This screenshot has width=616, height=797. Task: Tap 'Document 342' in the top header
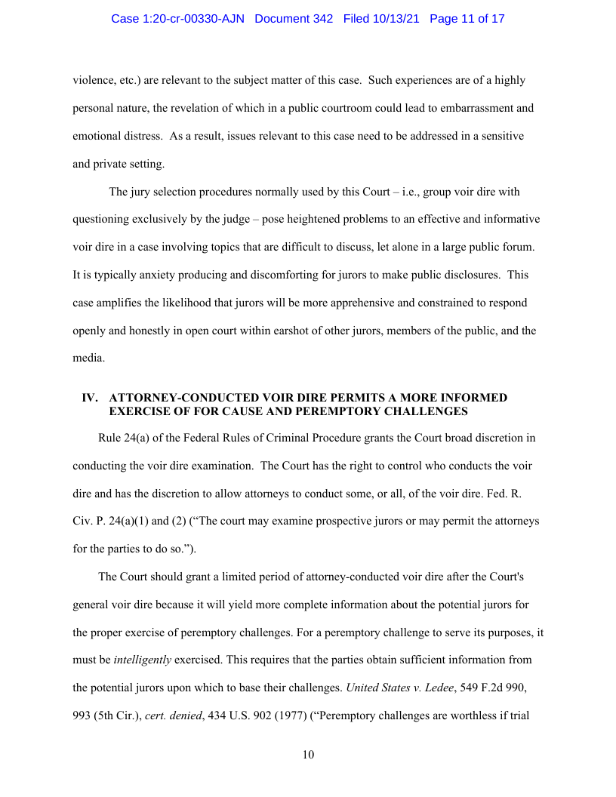tap(294, 19)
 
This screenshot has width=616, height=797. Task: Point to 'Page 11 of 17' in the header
tap(467, 19)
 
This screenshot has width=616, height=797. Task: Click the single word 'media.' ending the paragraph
tap(89, 358)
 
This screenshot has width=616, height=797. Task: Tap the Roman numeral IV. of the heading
tap(91, 398)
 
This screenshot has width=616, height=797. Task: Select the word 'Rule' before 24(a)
tap(110, 438)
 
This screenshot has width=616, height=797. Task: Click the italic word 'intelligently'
tap(142, 660)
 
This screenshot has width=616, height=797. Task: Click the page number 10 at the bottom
tap(308, 755)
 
